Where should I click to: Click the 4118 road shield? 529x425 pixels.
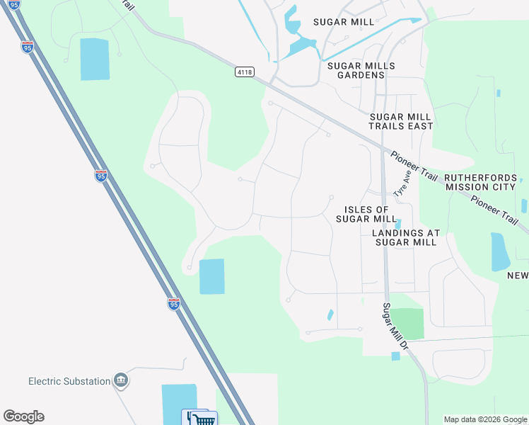click(245, 72)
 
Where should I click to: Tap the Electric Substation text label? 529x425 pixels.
click(69, 381)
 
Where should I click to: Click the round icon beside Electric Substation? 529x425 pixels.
click(121, 381)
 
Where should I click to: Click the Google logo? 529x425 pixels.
click(23, 416)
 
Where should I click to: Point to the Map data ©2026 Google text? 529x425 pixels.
click(485, 419)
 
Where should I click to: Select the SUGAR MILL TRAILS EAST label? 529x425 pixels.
click(401, 121)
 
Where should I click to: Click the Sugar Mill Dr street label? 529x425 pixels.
click(395, 326)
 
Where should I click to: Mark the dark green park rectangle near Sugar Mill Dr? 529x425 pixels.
click(407, 324)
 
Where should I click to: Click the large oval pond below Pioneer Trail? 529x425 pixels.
click(499, 251)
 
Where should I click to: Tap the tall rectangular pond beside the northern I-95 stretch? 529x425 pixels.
click(95, 59)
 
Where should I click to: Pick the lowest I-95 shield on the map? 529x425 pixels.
click(174, 304)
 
